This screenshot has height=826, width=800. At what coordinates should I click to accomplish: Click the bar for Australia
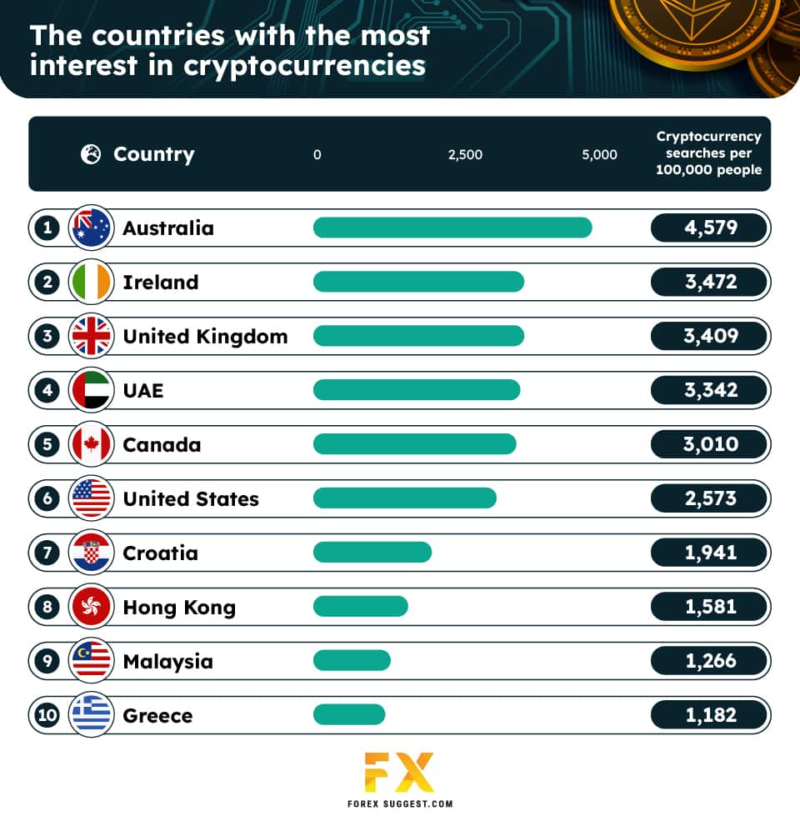coord(452,228)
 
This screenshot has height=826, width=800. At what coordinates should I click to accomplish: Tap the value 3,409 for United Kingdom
coord(710,336)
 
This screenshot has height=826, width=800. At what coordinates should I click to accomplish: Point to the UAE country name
coord(142,390)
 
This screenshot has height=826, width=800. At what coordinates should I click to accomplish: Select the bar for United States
coord(404,498)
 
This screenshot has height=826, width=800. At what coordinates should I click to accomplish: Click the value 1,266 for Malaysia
coord(710,661)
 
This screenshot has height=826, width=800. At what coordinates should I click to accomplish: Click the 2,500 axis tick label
coord(465,154)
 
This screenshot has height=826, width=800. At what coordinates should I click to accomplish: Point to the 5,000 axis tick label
coord(599,154)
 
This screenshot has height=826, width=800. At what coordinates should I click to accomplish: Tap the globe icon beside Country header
coord(91,154)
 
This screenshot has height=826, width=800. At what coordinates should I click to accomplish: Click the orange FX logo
coord(399,772)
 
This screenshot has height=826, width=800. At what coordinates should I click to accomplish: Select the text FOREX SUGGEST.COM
coord(399,805)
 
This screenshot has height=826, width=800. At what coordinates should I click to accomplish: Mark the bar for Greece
coord(349,715)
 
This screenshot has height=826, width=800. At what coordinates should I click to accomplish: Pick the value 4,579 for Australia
coord(710,228)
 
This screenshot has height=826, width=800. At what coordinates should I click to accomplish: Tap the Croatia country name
coord(160,553)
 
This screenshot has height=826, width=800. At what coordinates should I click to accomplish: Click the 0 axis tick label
coord(317,154)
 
